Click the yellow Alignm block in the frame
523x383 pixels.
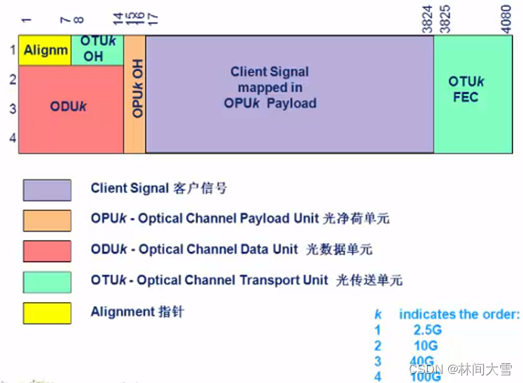(x=45, y=51)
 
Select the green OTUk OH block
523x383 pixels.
(x=97, y=51)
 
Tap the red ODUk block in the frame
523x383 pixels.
(x=71, y=109)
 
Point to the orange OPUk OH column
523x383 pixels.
(x=135, y=94)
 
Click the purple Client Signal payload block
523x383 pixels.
(x=289, y=94)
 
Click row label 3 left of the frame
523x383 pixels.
(x=12, y=108)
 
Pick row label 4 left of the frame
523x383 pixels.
(x=12, y=139)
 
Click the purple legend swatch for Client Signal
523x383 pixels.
(x=47, y=189)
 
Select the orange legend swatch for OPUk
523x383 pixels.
(x=47, y=220)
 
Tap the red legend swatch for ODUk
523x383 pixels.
(x=47, y=251)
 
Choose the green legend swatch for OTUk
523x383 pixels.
(x=47, y=282)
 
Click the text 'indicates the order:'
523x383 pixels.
(x=460, y=314)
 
